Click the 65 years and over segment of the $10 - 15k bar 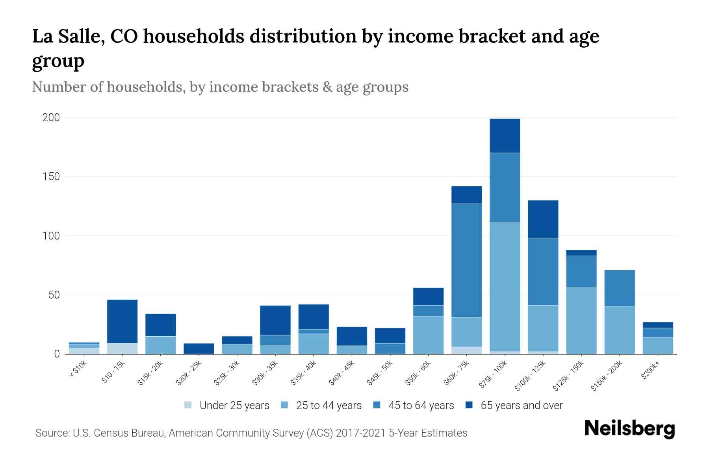122,321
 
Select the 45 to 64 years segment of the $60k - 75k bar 466,260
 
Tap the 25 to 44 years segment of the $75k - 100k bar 505,287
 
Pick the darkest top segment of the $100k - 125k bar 543,219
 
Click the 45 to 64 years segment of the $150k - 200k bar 619,288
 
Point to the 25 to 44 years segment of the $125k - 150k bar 581,321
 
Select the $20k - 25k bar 199,348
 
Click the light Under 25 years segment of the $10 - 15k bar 122,348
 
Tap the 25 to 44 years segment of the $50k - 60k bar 428,335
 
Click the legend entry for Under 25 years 234,406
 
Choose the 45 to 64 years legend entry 421,406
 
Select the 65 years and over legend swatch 469,405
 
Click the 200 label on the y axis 51,118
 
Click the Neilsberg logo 629,429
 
